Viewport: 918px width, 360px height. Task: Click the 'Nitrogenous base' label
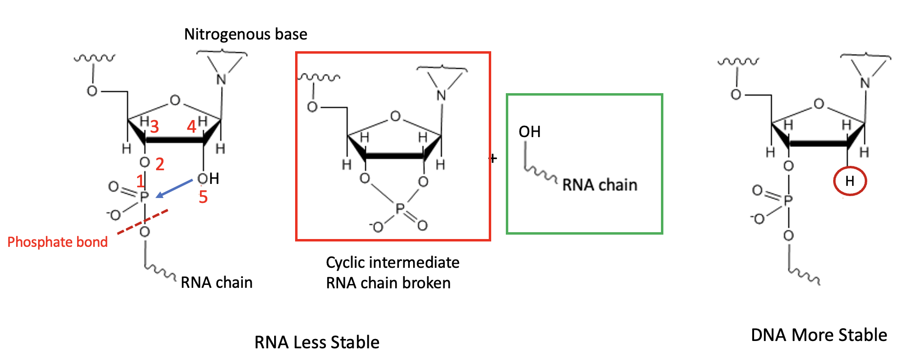[245, 34]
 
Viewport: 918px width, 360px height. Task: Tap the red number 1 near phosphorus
[140, 181]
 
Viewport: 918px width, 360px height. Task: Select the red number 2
[160, 164]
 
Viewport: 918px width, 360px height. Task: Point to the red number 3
[154, 127]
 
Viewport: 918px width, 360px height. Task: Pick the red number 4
[191, 127]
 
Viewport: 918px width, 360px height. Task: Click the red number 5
[203, 197]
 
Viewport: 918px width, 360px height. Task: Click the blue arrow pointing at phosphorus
[174, 189]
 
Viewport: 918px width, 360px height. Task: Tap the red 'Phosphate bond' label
[58, 242]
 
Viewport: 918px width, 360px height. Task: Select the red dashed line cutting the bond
[142, 222]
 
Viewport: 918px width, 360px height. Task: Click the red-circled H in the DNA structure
[850, 181]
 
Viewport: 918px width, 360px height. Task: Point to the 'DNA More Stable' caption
[818, 335]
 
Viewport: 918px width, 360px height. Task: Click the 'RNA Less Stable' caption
[317, 342]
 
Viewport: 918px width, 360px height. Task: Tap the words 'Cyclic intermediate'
[392, 262]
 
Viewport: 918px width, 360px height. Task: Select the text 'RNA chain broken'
[388, 283]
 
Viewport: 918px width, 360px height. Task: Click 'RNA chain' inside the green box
[599, 185]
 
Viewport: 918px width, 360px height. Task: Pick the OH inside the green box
[529, 132]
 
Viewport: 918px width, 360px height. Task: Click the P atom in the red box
[400, 209]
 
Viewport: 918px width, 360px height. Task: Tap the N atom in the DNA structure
[865, 83]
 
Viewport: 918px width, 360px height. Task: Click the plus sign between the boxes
[493, 159]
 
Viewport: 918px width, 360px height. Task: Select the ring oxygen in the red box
[395, 116]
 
